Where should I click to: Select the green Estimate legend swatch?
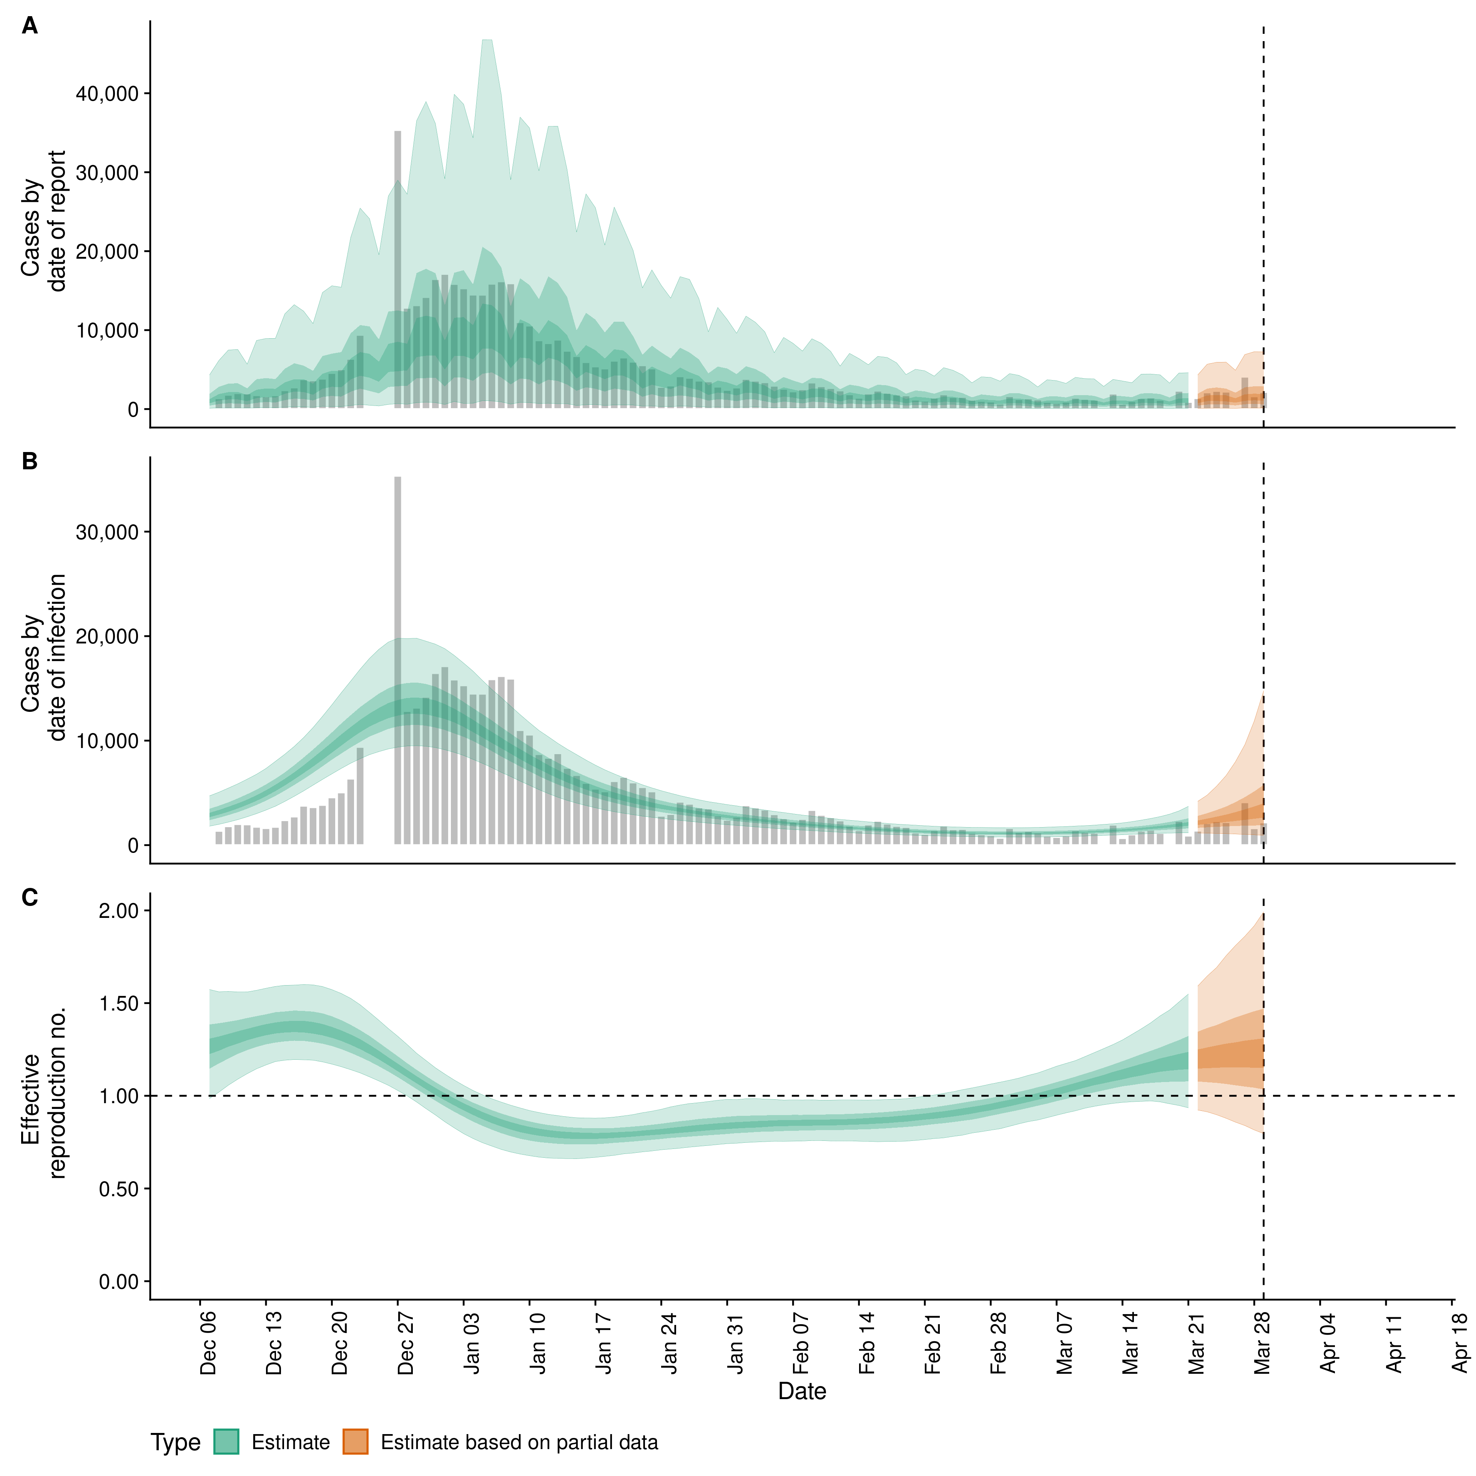226,1442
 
